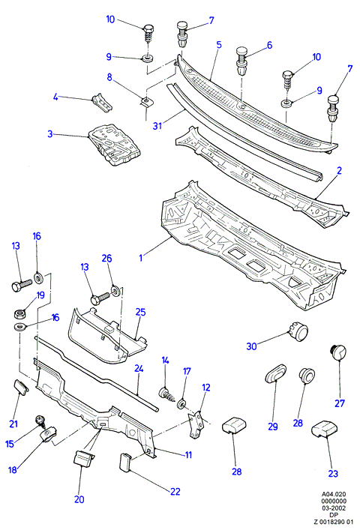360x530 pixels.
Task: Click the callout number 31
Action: pos(157,126)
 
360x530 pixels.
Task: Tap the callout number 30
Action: pos(251,346)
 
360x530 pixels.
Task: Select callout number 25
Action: pos(140,312)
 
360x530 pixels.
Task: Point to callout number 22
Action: pos(175,491)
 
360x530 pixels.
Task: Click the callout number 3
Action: pos(50,134)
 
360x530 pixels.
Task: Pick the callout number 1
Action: pos(141,258)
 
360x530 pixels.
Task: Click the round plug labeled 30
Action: pos(298,331)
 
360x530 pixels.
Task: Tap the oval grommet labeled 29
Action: pos(274,373)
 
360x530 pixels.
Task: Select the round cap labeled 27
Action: pos(337,352)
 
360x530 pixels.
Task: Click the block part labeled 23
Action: pos(323,429)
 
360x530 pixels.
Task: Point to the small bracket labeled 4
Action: pos(102,103)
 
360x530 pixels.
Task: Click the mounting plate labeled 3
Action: pos(114,145)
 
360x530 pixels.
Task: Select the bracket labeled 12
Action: pos(196,424)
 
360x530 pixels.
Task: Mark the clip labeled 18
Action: pos(49,434)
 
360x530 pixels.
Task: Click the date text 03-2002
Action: pos(333,508)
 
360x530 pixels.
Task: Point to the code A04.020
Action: pos(333,494)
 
